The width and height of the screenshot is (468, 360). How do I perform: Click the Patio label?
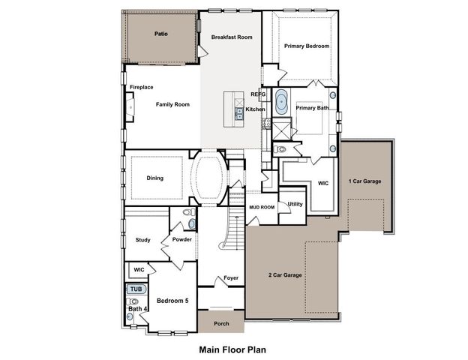(x=160, y=34)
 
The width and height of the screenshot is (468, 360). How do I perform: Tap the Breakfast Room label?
(x=231, y=37)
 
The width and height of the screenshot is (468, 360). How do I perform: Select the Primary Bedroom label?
(x=307, y=46)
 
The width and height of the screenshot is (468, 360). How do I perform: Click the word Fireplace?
(x=142, y=87)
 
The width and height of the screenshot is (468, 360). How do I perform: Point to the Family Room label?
(x=172, y=104)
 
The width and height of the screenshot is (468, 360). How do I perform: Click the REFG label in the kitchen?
(x=258, y=94)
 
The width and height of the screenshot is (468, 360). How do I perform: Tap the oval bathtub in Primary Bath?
(x=281, y=101)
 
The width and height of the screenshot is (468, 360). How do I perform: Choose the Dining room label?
(x=155, y=178)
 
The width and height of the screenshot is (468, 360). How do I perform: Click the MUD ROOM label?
(x=262, y=206)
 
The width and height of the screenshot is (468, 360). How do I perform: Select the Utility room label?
(x=295, y=203)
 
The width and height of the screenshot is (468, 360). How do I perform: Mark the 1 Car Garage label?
(x=364, y=181)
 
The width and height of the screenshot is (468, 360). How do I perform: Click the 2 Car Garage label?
(x=285, y=275)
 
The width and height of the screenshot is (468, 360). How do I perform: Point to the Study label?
(x=143, y=240)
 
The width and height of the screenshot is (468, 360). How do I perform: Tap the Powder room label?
(x=182, y=240)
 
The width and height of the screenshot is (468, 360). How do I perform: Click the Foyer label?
(x=231, y=278)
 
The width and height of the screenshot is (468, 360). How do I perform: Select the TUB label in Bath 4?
(x=135, y=289)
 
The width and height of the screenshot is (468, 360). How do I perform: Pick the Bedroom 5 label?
(x=172, y=301)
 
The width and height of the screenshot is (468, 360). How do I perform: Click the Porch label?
(x=221, y=324)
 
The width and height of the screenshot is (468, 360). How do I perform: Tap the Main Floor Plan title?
(x=232, y=349)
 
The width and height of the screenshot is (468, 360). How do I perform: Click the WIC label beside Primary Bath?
(x=323, y=182)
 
